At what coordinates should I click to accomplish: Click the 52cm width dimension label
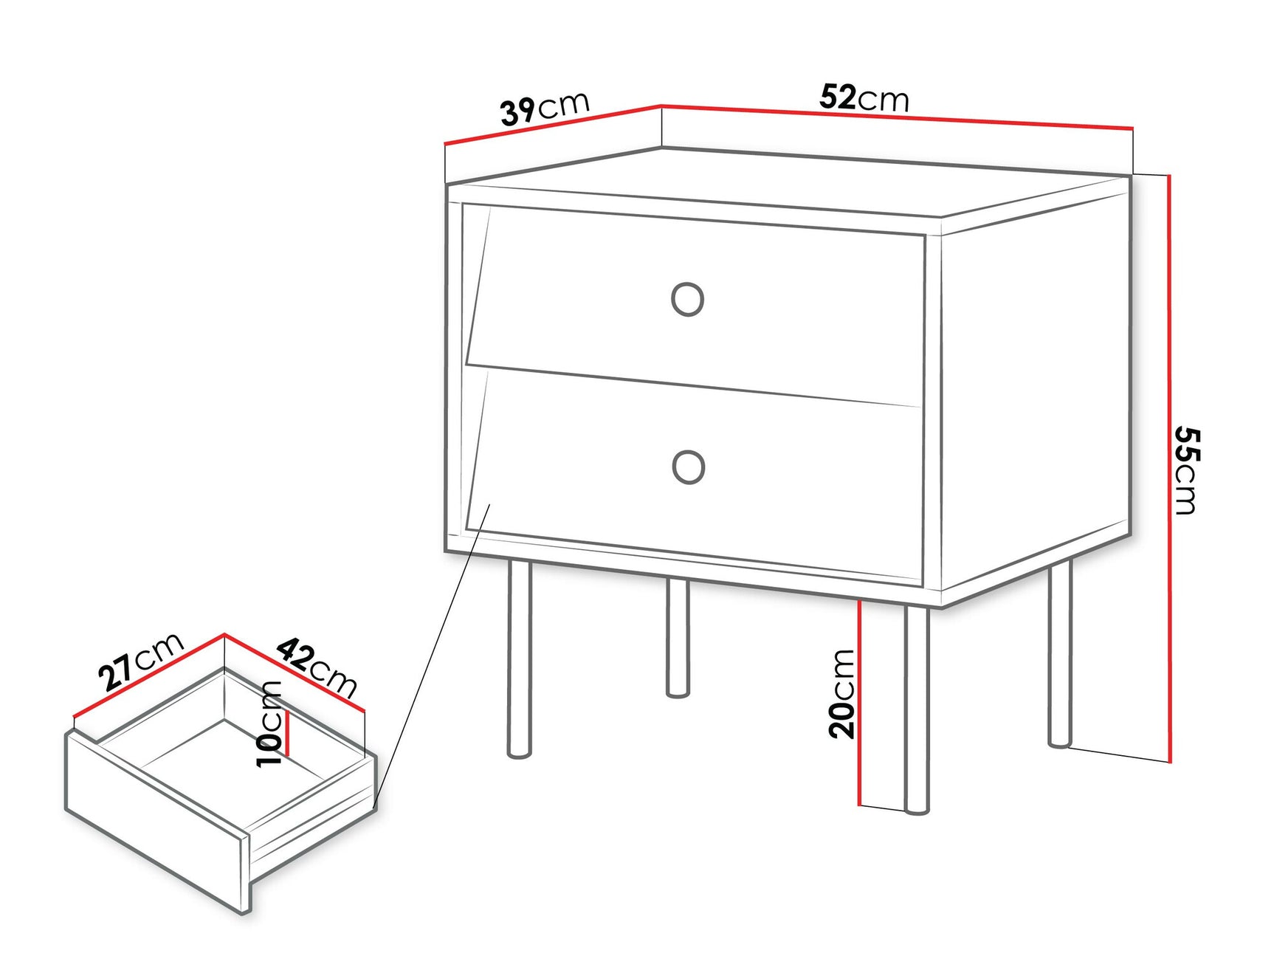click(x=864, y=97)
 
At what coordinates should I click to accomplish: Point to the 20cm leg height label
click(x=841, y=693)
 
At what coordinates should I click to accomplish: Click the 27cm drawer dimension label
click(x=140, y=661)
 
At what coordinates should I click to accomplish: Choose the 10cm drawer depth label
click(x=269, y=724)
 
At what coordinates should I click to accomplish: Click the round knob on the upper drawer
click(x=687, y=299)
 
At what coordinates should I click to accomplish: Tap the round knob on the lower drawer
click(x=688, y=467)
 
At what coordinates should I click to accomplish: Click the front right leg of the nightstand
click(x=916, y=709)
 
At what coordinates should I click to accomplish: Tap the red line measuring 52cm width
click(x=897, y=117)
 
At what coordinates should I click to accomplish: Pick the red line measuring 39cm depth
click(x=554, y=124)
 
